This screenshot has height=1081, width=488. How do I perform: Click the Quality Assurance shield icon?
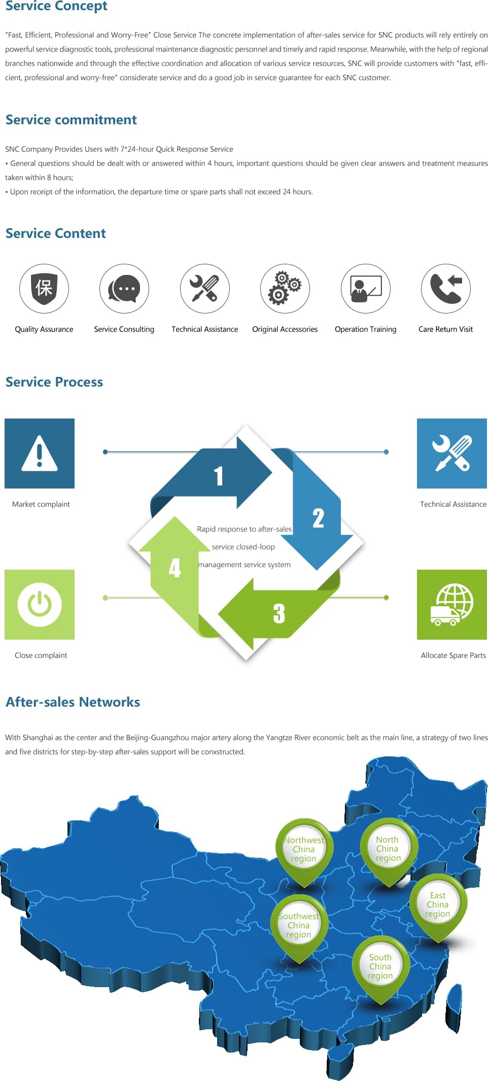pyautogui.click(x=44, y=288)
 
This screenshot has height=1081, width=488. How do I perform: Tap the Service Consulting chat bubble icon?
pyautogui.click(x=124, y=288)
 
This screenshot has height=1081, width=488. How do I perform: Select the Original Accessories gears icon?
pyautogui.click(x=285, y=288)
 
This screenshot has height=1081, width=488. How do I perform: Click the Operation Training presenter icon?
pyautogui.click(x=366, y=288)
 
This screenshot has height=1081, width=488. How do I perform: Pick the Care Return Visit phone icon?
pyautogui.click(x=446, y=288)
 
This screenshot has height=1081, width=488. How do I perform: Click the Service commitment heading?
pyautogui.click(x=71, y=120)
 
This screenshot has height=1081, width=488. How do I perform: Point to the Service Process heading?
pyautogui.click(x=54, y=382)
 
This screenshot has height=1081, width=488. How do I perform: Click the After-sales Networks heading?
pyautogui.click(x=73, y=702)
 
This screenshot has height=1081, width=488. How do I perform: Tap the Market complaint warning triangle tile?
pyautogui.click(x=40, y=454)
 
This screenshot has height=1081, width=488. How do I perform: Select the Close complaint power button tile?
pyautogui.click(x=40, y=605)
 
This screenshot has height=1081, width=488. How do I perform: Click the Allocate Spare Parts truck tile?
pyautogui.click(x=452, y=605)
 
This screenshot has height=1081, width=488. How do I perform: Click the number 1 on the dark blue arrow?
pyautogui.click(x=219, y=476)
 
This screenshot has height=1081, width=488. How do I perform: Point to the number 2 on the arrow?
pyautogui.click(x=318, y=518)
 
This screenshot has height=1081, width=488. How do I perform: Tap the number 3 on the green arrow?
pyautogui.click(x=278, y=613)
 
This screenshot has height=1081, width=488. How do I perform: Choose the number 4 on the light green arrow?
pyautogui.click(x=175, y=568)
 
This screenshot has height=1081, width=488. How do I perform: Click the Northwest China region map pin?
pyautogui.click(x=304, y=849)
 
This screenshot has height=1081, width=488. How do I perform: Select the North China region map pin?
pyautogui.click(x=388, y=849)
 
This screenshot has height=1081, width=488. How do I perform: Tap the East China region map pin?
pyautogui.click(x=438, y=904)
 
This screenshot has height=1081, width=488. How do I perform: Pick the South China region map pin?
pyautogui.click(x=380, y=966)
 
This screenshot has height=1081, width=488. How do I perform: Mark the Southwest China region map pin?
pyautogui.click(x=299, y=925)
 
